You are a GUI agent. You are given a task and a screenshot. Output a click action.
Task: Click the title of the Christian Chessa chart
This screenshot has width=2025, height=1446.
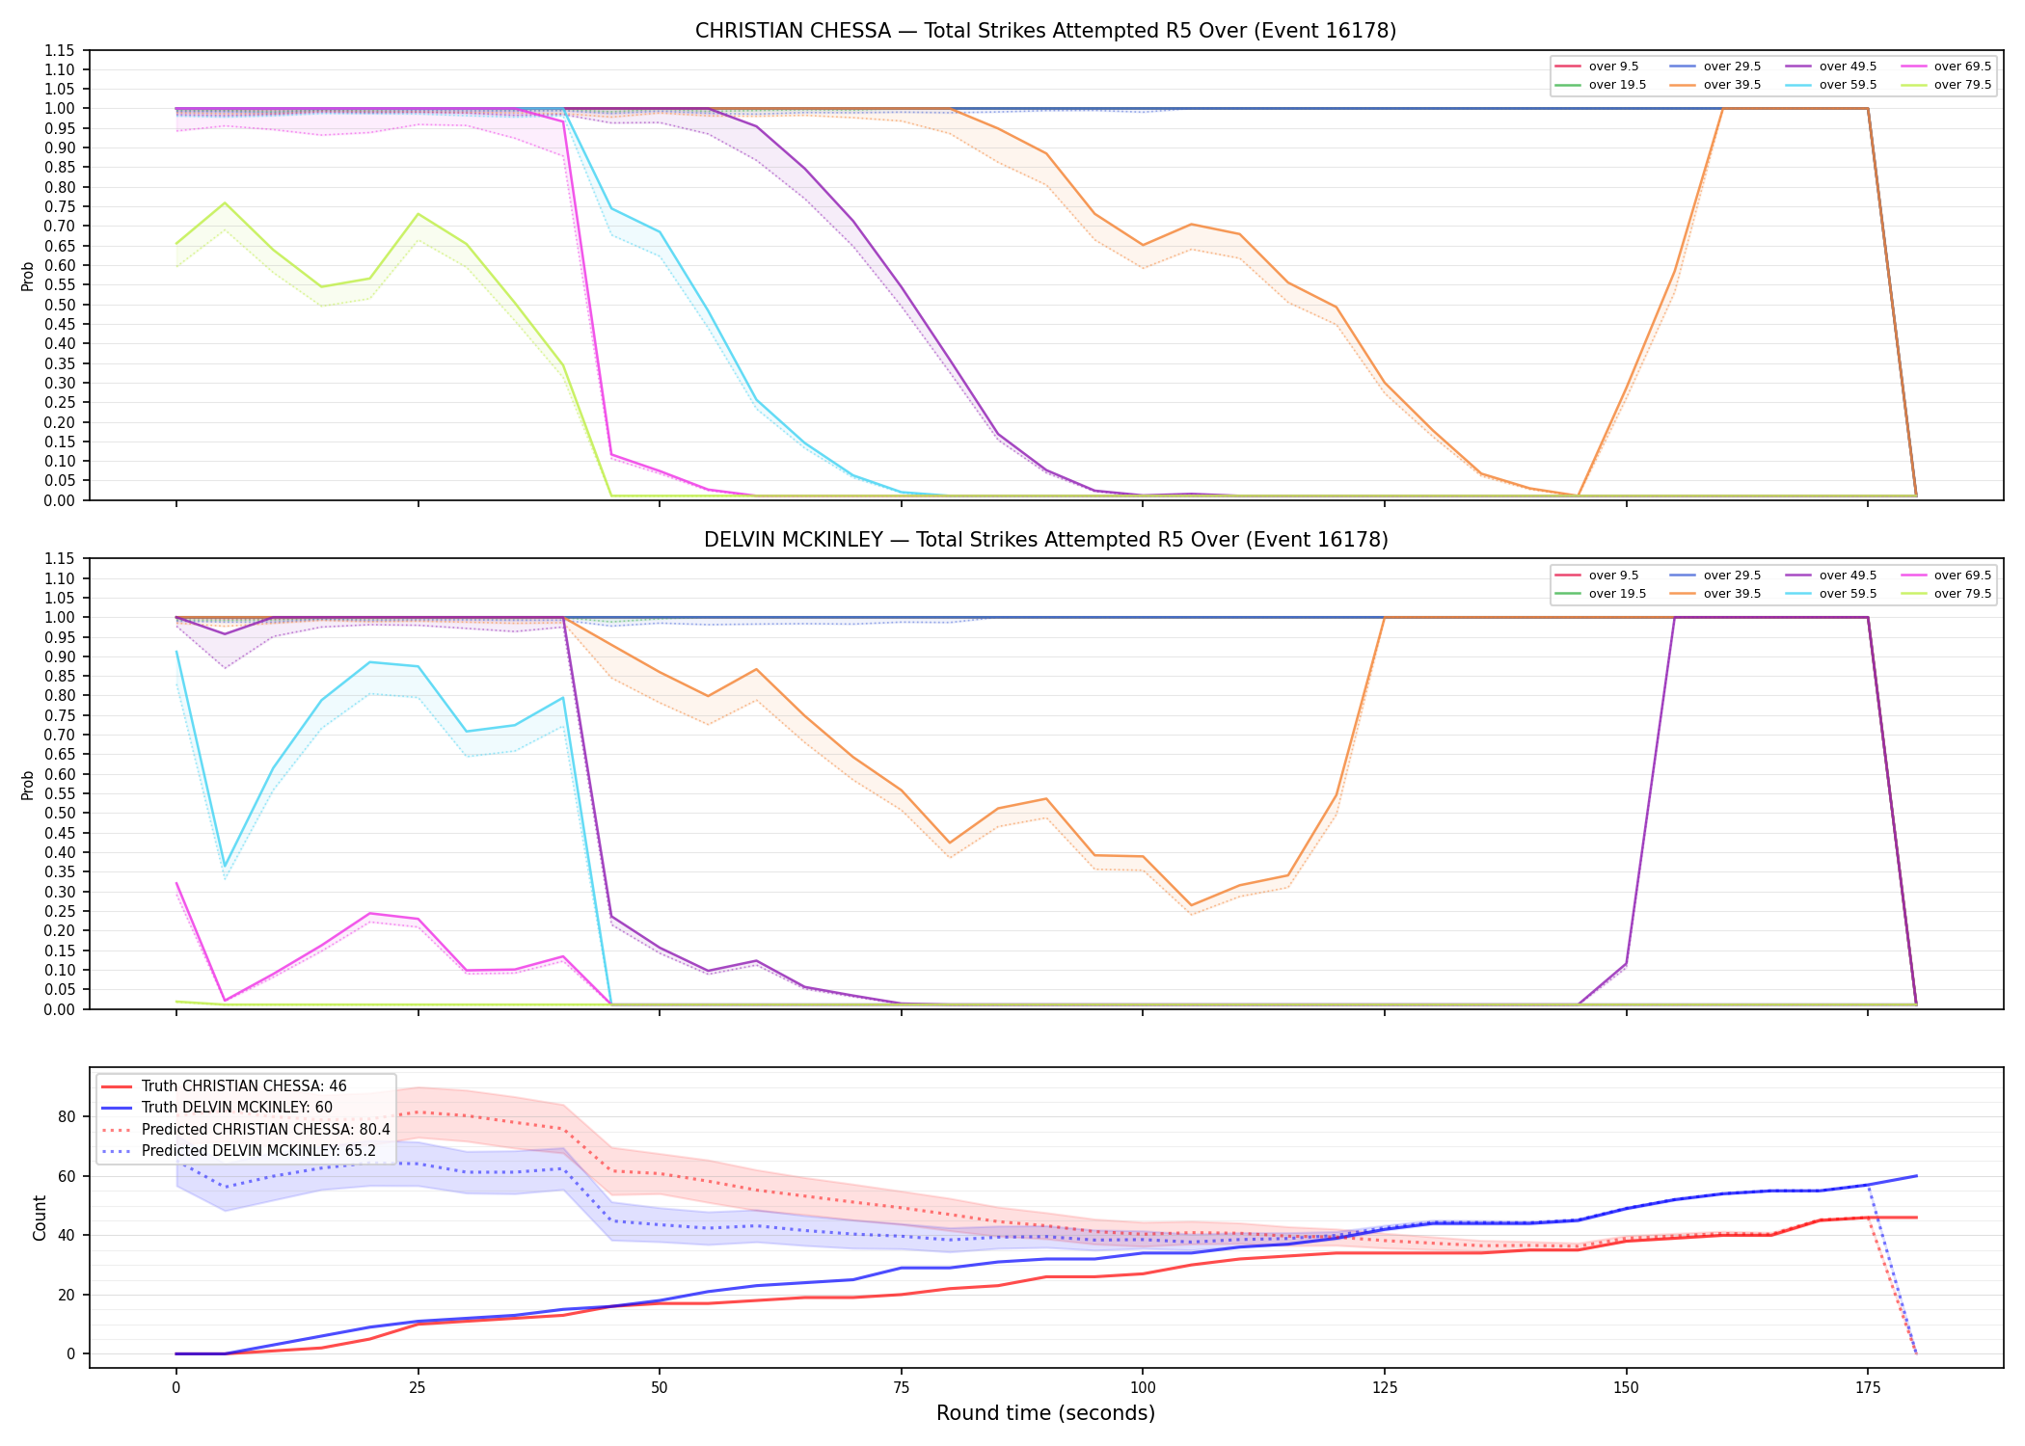(x=1045, y=31)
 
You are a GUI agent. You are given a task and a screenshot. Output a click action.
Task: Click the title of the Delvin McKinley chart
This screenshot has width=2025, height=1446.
(x=1045, y=540)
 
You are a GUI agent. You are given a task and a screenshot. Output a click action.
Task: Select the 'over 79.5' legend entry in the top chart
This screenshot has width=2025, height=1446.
(x=1947, y=85)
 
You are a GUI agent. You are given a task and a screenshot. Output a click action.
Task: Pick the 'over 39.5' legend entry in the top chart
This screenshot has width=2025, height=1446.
(x=1716, y=85)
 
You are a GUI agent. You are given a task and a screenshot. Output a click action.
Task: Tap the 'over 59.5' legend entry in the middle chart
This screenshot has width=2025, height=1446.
(x=1832, y=594)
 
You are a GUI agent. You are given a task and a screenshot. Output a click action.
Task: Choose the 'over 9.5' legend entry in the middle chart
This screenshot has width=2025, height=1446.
(x=1598, y=576)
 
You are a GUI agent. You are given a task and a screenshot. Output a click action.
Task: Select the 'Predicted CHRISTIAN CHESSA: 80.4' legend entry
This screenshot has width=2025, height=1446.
(x=246, y=1129)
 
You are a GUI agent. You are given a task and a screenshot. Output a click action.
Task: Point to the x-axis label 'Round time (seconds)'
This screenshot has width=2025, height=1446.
(x=1045, y=1413)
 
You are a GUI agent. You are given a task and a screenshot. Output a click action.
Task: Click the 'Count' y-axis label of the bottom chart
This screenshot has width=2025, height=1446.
(x=40, y=1218)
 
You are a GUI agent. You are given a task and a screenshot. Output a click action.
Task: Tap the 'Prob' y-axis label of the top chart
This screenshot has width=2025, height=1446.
(x=28, y=276)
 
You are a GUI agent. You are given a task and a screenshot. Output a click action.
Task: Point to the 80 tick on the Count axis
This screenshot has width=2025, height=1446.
(x=66, y=1116)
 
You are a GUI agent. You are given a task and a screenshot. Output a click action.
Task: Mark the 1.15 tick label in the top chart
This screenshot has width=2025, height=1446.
(x=60, y=50)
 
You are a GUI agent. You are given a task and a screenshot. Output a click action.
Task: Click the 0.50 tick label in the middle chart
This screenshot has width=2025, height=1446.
(x=60, y=813)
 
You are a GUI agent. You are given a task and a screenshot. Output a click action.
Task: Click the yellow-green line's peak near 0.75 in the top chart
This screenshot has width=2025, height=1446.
(x=225, y=202)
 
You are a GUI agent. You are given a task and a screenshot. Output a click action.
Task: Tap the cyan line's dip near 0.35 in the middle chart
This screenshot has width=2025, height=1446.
(x=225, y=866)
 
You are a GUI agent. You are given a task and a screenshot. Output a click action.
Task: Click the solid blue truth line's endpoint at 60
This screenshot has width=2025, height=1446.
(x=1916, y=1176)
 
